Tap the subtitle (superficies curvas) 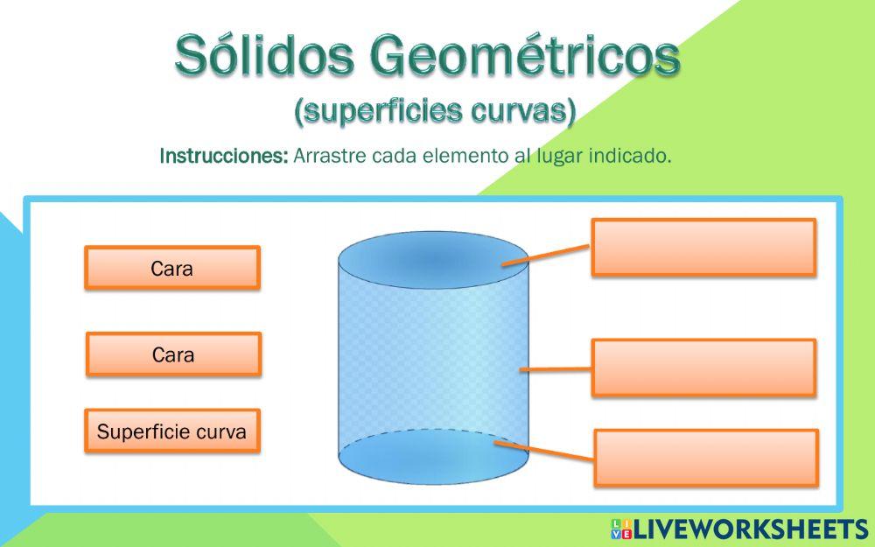(435, 111)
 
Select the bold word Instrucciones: (223, 157)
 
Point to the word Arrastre (330, 157)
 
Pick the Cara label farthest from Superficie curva (172, 268)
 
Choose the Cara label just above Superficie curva (173, 354)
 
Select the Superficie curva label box (172, 431)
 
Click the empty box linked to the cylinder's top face (703, 247)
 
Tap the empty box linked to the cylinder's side (703, 368)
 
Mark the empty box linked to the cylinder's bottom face (705, 458)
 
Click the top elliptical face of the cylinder (432, 256)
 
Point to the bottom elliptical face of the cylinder (432, 455)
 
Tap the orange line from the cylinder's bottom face (547, 452)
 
